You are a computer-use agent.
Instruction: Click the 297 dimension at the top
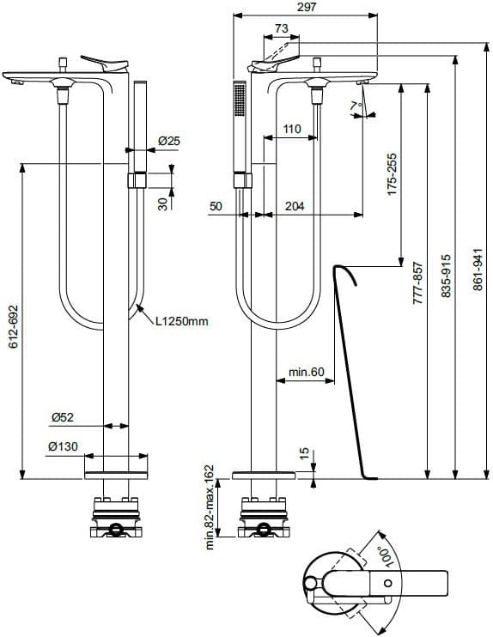[x=307, y=7]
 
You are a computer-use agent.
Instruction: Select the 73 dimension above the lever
[x=281, y=28]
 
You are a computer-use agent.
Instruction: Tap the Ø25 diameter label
[x=169, y=141]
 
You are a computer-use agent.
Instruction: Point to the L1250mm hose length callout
[x=182, y=321]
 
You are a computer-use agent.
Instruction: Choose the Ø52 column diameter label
[x=63, y=417]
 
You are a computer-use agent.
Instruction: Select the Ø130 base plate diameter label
[x=63, y=446]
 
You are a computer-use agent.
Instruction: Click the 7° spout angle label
[x=356, y=106]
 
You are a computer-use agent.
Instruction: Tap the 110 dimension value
[x=292, y=129]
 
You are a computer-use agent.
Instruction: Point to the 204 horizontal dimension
[x=295, y=206]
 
